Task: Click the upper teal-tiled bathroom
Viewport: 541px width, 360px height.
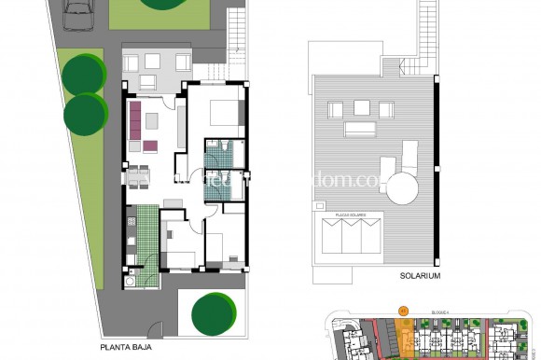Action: point(220,154)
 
